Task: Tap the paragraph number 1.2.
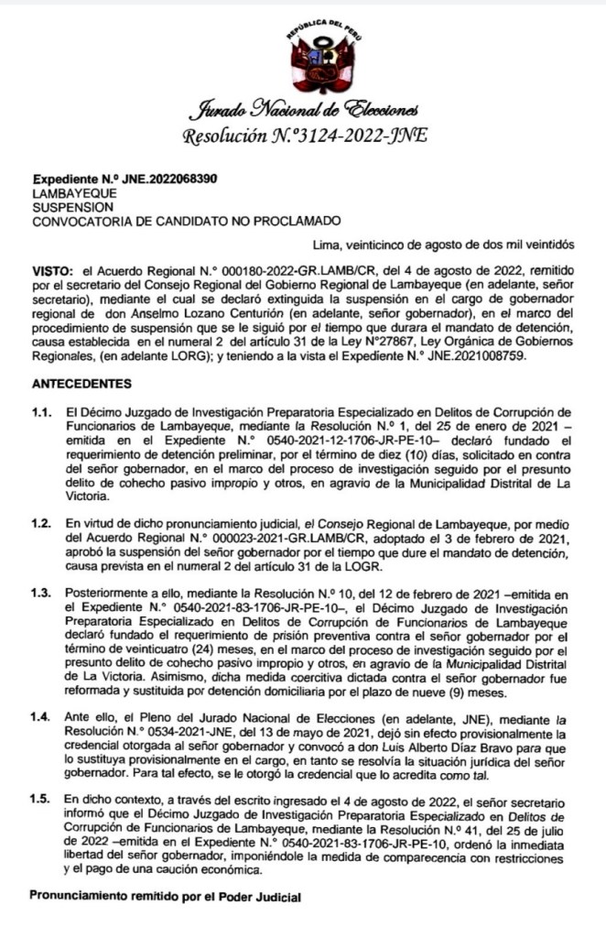click(43, 520)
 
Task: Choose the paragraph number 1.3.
click(43, 594)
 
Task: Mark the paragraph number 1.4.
click(43, 709)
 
